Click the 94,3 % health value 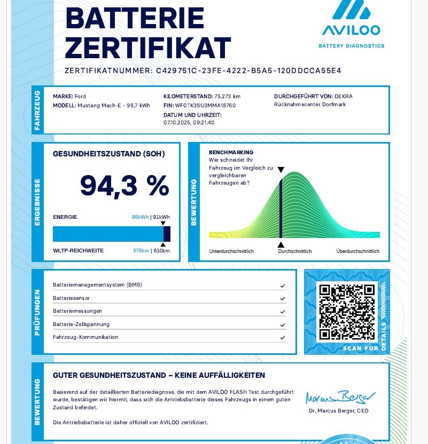click(x=124, y=186)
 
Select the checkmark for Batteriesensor click(x=283, y=298)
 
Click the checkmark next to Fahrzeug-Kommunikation click(x=283, y=337)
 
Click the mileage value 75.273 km click(x=227, y=96)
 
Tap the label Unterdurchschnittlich click(x=231, y=251)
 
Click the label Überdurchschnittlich click(x=357, y=251)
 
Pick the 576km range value click(x=141, y=250)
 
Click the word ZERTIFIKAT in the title click(x=148, y=48)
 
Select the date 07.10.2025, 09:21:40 click(x=189, y=122)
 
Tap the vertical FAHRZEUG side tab click(x=37, y=110)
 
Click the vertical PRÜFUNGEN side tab click(x=37, y=312)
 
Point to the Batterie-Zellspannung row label click(x=81, y=324)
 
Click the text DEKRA click(x=343, y=96)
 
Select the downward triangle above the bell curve click(x=281, y=170)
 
